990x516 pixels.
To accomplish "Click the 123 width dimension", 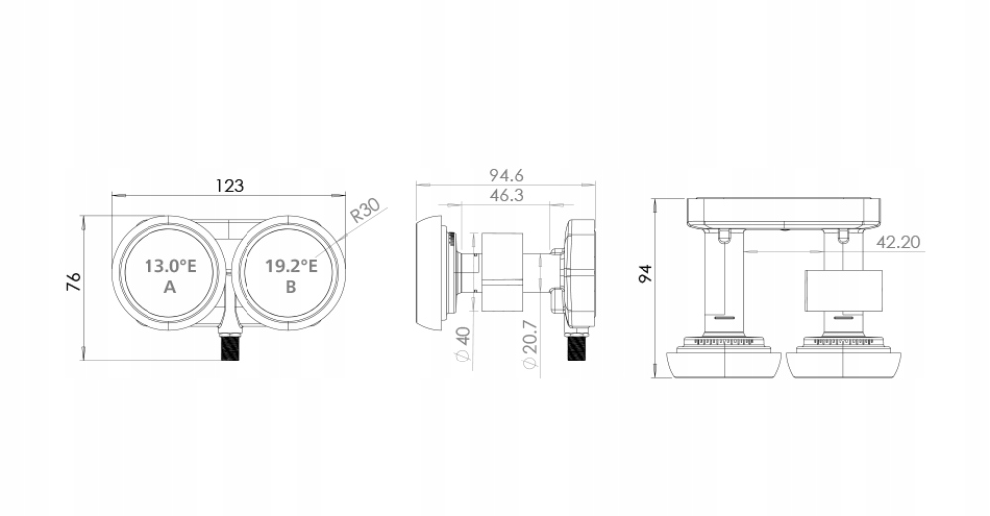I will pos(229,185).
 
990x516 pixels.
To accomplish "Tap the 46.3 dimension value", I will pos(506,196).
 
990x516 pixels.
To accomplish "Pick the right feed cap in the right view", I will pos(842,362).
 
